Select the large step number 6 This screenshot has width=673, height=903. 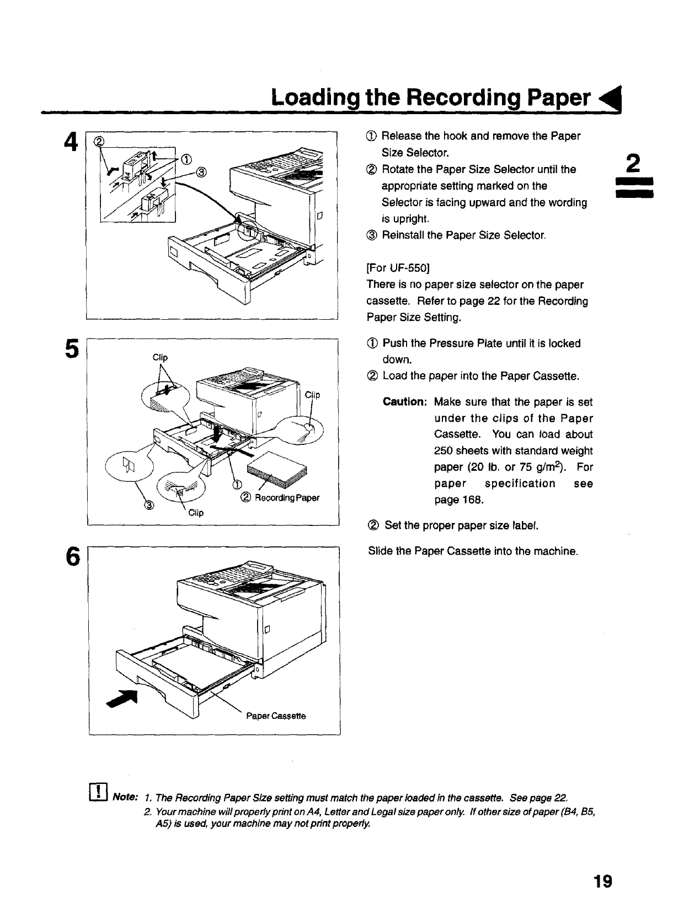[x=70, y=557]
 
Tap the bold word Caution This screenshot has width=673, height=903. [x=404, y=402]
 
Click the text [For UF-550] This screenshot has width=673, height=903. [x=398, y=268]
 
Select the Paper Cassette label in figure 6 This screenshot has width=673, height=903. [x=276, y=716]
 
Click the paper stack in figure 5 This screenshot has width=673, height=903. [x=275, y=469]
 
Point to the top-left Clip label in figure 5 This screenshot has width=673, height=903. [x=159, y=357]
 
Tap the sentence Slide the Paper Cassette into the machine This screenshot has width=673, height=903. [x=473, y=551]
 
